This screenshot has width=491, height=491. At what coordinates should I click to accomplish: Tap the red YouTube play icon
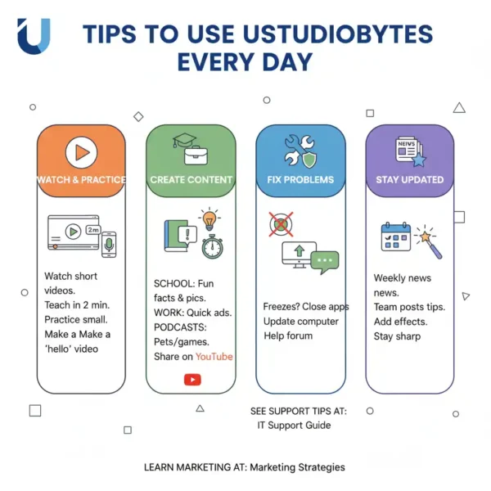[x=192, y=380]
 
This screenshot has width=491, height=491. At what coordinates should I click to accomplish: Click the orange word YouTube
[x=214, y=356]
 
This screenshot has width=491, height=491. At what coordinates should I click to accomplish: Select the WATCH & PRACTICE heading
[x=81, y=180]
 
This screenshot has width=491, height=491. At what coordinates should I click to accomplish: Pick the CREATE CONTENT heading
[x=191, y=180]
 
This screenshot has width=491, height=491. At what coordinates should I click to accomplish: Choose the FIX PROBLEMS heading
[x=300, y=180]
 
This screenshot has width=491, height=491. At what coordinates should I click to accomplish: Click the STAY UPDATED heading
[x=410, y=180]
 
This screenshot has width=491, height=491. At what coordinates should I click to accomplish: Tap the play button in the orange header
[x=81, y=152]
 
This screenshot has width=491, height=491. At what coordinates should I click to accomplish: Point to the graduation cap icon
[x=184, y=140]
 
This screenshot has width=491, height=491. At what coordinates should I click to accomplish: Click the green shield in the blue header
[x=309, y=158]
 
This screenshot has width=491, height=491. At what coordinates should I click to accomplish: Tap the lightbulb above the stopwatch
[x=209, y=218]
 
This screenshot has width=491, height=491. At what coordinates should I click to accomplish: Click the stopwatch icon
[x=212, y=247]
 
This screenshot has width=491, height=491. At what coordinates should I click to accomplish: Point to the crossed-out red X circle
[x=281, y=224]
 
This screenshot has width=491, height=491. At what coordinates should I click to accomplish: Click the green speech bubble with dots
[x=325, y=262]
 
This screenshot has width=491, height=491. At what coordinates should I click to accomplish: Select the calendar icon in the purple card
[x=396, y=236]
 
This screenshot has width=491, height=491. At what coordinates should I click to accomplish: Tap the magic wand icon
[x=429, y=242]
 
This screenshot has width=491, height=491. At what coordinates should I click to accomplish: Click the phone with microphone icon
[x=109, y=245]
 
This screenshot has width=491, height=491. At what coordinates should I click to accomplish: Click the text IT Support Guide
[x=294, y=426]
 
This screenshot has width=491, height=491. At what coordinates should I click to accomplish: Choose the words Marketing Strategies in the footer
[x=298, y=467]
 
